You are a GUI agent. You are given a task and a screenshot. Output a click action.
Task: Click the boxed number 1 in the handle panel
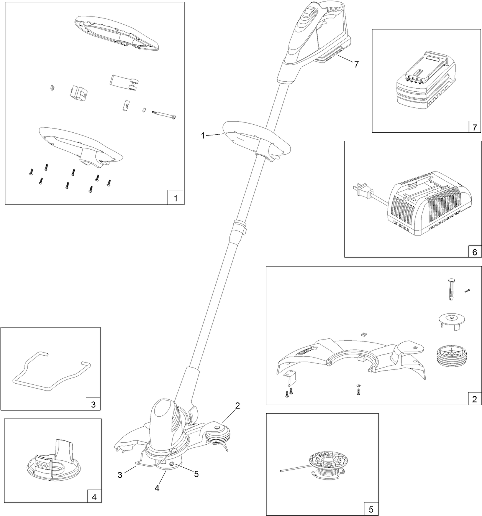(176, 198)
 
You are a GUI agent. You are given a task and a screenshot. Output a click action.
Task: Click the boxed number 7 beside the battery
(474, 127)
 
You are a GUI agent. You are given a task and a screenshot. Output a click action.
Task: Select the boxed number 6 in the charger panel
(474, 252)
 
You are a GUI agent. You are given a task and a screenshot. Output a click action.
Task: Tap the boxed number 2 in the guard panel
(474, 399)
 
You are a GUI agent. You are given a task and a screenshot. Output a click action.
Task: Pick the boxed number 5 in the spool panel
(371, 509)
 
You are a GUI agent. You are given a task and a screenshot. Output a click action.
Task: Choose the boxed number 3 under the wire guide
(93, 404)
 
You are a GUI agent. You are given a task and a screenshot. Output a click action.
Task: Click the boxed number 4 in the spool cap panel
(94, 497)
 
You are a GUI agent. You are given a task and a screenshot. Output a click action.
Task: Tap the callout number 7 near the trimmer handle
(356, 64)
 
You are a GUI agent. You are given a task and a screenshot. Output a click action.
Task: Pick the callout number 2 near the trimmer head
(238, 406)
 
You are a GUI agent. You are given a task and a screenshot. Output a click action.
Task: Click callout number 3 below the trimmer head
(120, 475)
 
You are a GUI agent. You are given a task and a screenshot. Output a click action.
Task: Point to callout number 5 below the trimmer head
(196, 474)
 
